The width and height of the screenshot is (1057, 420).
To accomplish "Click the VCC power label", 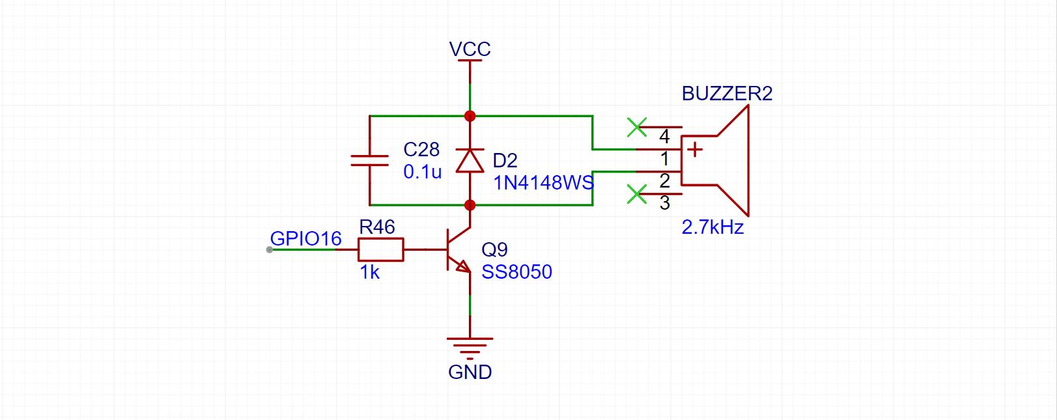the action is pos(470,49).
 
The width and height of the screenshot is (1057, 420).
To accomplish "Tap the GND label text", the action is pos(470,372).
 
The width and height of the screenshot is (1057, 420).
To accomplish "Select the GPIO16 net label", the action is pos(306,238).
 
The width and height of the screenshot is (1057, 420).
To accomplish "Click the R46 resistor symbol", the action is pos(381,249).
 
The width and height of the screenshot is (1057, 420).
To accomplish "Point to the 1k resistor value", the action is pos(369,272).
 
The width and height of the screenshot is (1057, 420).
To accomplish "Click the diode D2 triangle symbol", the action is pos(470,160).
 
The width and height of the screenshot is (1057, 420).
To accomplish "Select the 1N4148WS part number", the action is pos(543,182).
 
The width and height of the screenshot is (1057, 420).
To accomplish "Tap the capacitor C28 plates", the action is pos(369,160).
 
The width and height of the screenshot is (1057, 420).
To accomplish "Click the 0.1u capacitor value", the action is pos(422,173).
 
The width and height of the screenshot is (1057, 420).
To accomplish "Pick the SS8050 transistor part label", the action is pos(516,272).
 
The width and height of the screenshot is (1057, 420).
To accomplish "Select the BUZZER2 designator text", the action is pos(727,93).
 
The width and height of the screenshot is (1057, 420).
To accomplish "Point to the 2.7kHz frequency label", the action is pos(712,227).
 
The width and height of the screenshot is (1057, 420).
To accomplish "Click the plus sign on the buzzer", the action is pos(694,150).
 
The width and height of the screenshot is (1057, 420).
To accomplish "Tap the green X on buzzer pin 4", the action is pos(636,128).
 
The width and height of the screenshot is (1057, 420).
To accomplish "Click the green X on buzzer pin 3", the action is pos(636,194).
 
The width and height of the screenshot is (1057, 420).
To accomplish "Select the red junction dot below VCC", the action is pos(470,116).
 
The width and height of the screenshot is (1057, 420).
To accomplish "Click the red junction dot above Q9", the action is pos(470,205).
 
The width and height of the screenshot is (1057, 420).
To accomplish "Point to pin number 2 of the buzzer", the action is pos(664,181).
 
